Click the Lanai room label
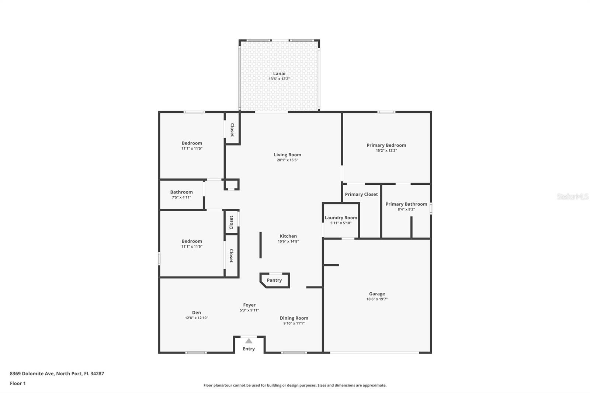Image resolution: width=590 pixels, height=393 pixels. point(279,73)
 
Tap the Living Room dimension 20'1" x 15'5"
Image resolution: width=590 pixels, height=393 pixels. point(287,160)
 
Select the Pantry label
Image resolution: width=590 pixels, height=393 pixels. point(274,280)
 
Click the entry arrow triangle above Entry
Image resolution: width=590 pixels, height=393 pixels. point(249,341)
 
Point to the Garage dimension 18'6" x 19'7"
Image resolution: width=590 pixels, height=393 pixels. point(377,299)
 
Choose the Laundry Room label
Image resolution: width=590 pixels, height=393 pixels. point(341,218)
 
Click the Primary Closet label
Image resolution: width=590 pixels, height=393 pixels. point(361,194)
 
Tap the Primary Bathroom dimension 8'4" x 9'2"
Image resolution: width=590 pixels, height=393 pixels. point(406,209)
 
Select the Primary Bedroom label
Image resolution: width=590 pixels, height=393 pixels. point(386,145)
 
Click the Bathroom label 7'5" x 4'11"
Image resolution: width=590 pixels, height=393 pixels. point(181,192)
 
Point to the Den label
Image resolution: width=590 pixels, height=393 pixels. point(197,313)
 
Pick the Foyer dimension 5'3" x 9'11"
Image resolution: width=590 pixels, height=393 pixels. point(249,310)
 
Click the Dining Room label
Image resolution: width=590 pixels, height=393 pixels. point(294,318)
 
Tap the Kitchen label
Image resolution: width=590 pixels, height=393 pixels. point(288,236)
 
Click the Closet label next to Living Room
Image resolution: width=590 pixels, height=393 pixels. point(232,130)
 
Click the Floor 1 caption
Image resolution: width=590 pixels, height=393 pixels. point(18,383)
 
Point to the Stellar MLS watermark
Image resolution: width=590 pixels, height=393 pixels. point(572,196)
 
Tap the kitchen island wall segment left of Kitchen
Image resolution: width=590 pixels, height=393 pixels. point(260,245)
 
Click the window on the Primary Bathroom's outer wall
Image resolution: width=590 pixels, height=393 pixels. point(430,208)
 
